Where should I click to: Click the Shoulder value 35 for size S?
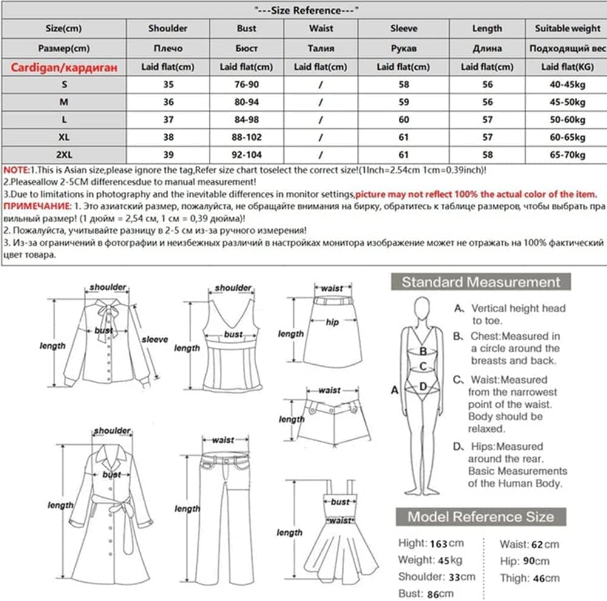coord(168,85)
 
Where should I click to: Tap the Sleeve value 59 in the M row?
coord(404,103)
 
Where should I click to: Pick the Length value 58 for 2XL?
coord(487,155)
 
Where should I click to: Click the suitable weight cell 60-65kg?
coord(567,137)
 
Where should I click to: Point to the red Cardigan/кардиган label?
coord(63,67)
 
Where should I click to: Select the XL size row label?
coord(63,137)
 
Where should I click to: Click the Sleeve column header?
coord(404,28)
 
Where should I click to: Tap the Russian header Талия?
coord(320,48)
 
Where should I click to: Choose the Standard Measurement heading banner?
coord(480,282)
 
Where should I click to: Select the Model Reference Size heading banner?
coord(481,517)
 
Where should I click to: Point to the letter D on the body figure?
coord(423,385)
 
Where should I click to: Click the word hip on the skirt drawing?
coord(331,322)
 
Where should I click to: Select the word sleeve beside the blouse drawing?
coord(154,339)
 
